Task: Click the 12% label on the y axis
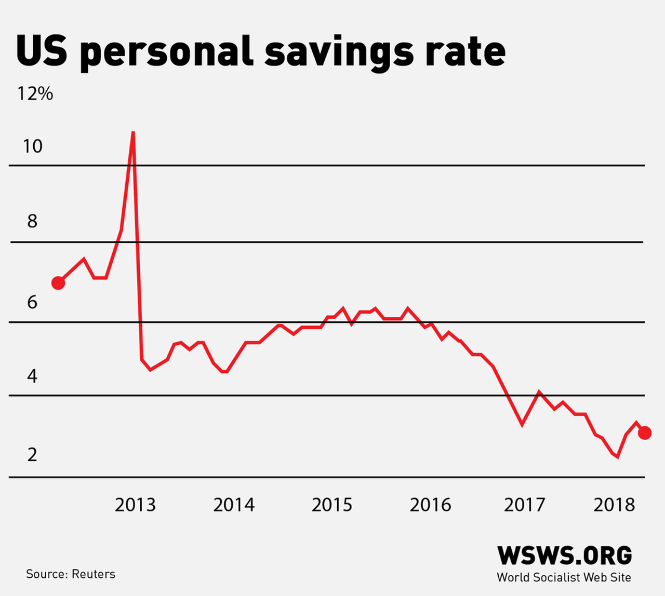point(35,94)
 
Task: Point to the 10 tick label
point(32,146)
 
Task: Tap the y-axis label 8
point(32,222)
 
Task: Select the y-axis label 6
point(32,302)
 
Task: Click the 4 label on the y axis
point(32,376)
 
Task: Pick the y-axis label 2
point(32,455)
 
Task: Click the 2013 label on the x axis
point(135,505)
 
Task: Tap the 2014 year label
point(234,505)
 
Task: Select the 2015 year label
point(332,505)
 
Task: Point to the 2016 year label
point(430,505)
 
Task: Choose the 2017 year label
point(524,505)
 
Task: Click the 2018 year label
point(614,505)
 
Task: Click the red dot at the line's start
point(58,283)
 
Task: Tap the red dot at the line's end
point(645,432)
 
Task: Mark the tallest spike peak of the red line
point(133,133)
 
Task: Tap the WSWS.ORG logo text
point(564,556)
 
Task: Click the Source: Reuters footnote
point(71,574)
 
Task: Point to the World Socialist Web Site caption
point(564,577)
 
